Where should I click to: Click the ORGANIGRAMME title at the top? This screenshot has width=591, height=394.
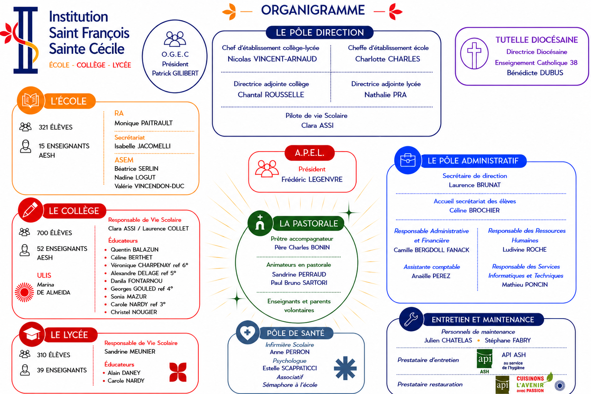pyautogui.click(x=313, y=10)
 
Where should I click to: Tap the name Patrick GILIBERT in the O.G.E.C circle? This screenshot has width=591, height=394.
pyautogui.click(x=175, y=73)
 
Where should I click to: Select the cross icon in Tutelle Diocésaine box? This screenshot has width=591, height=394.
pyautogui.click(x=474, y=54)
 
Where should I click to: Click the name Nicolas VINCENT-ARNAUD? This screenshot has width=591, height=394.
pyautogui.click(x=272, y=59)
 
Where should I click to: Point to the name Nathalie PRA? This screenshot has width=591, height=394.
pyautogui.click(x=385, y=95)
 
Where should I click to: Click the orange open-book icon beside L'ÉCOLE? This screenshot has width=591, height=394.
pyautogui.click(x=30, y=100)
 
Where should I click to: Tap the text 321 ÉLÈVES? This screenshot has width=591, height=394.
pyautogui.click(x=55, y=127)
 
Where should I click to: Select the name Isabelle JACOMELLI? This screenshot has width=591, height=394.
pyautogui.click(x=142, y=146)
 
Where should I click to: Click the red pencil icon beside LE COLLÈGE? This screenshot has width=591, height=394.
pyautogui.click(x=30, y=210)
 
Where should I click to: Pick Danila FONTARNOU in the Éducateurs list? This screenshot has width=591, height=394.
pyautogui.click(x=136, y=281)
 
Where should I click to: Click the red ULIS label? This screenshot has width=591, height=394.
pyautogui.click(x=44, y=275)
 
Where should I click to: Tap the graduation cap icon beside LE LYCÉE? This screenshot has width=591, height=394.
pyautogui.click(x=32, y=335)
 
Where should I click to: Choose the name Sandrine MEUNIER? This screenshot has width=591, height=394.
pyautogui.click(x=130, y=352)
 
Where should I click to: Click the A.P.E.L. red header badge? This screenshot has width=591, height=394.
pyautogui.click(x=310, y=153)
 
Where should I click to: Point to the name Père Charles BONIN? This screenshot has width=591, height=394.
pyautogui.click(x=302, y=247)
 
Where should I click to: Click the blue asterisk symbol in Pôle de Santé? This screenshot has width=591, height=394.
pyautogui.click(x=345, y=369)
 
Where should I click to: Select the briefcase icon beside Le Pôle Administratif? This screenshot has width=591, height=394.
pyautogui.click(x=408, y=160)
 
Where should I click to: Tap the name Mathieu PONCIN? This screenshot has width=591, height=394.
pyautogui.click(x=525, y=285)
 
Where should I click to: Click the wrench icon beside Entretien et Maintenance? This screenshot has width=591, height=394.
pyautogui.click(x=411, y=319)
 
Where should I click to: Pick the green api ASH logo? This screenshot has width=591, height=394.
pyautogui.click(x=485, y=361)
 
